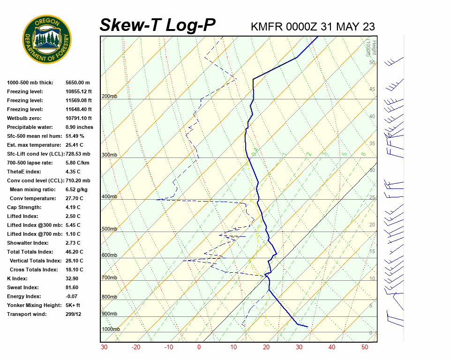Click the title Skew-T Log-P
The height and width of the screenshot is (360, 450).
pyautogui.click(x=157, y=25)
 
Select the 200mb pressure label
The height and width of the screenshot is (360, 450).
pyautogui.click(x=109, y=97)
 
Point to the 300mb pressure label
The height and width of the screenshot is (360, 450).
pyautogui.click(x=109, y=155)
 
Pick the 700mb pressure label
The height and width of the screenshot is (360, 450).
pyautogui.click(x=109, y=278)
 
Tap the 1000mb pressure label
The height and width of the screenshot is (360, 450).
pyautogui.click(x=111, y=330)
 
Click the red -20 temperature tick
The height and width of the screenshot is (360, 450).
pyautogui.click(x=136, y=347)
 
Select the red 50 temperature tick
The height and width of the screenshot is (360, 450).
pyautogui.click(x=365, y=347)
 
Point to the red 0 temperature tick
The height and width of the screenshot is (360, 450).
pyautogui.click(x=199, y=347)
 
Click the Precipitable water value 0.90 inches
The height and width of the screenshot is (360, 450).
pyautogui.click(x=79, y=127)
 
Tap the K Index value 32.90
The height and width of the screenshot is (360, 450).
pyautogui.click(x=73, y=278)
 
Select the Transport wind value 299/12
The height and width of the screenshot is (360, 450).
pyautogui.click(x=73, y=314)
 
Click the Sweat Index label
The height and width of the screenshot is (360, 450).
pyautogui.click(x=23, y=287)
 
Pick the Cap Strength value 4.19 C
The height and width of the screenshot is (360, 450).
pyautogui.click(x=73, y=207)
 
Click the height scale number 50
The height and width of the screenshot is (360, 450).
pyautogui.click(x=372, y=62)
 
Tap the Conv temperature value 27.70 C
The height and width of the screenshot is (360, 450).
pyautogui.click(x=75, y=198)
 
